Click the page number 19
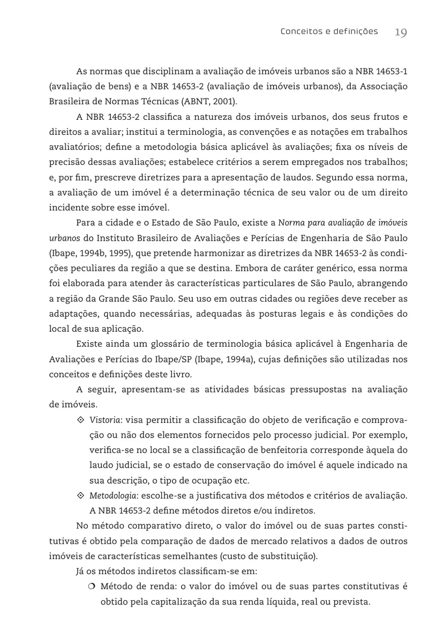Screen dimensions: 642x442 pyautogui.click(x=401, y=32)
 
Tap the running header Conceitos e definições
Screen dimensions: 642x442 pyautogui.click(x=329, y=32)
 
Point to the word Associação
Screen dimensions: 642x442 pyautogui.click(x=383, y=86)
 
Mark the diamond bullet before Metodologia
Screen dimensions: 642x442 pyautogui.click(x=81, y=495)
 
